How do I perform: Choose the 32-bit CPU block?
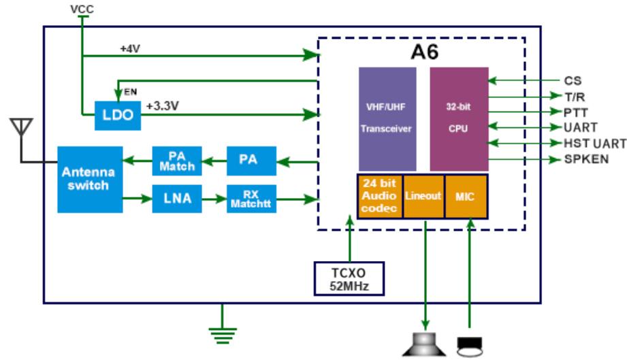459,118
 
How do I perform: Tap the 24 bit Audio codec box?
380,196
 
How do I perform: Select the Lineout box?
424,196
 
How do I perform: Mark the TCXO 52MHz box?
348,278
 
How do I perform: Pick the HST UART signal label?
592,143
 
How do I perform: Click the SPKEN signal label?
586,159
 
